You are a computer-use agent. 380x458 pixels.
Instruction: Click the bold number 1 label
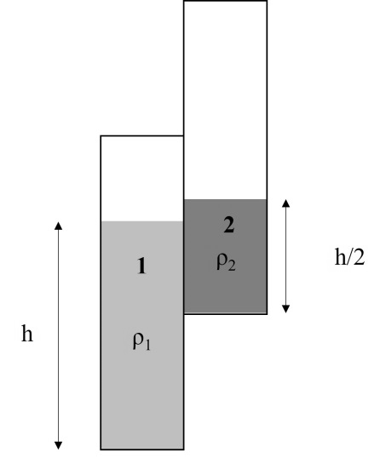(x=141, y=266)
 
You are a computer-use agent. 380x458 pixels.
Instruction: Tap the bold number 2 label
(x=229, y=226)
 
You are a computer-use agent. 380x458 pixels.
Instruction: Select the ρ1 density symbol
(x=141, y=341)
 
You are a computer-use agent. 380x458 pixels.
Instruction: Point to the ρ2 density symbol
(x=226, y=261)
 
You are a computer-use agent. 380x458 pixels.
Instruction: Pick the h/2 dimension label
(x=349, y=256)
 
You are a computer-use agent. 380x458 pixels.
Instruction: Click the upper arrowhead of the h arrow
(x=59, y=226)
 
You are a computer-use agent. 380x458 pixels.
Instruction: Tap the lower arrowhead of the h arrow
(x=59, y=445)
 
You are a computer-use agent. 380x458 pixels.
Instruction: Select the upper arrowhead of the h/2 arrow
(x=286, y=203)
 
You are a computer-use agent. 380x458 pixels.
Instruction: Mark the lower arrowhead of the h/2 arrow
(x=286, y=309)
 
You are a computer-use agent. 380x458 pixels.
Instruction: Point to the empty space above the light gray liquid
(x=142, y=179)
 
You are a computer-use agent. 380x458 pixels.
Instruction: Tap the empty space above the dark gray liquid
(x=226, y=100)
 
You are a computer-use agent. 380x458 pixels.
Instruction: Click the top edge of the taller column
(x=226, y=1)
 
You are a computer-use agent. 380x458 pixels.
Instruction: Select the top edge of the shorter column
(x=142, y=136)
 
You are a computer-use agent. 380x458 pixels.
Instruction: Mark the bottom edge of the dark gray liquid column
(x=226, y=314)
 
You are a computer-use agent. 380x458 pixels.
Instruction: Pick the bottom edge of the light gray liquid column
(x=142, y=449)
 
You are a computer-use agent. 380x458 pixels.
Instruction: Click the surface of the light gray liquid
(x=142, y=221)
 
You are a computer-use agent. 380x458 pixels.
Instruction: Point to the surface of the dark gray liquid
(x=226, y=199)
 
